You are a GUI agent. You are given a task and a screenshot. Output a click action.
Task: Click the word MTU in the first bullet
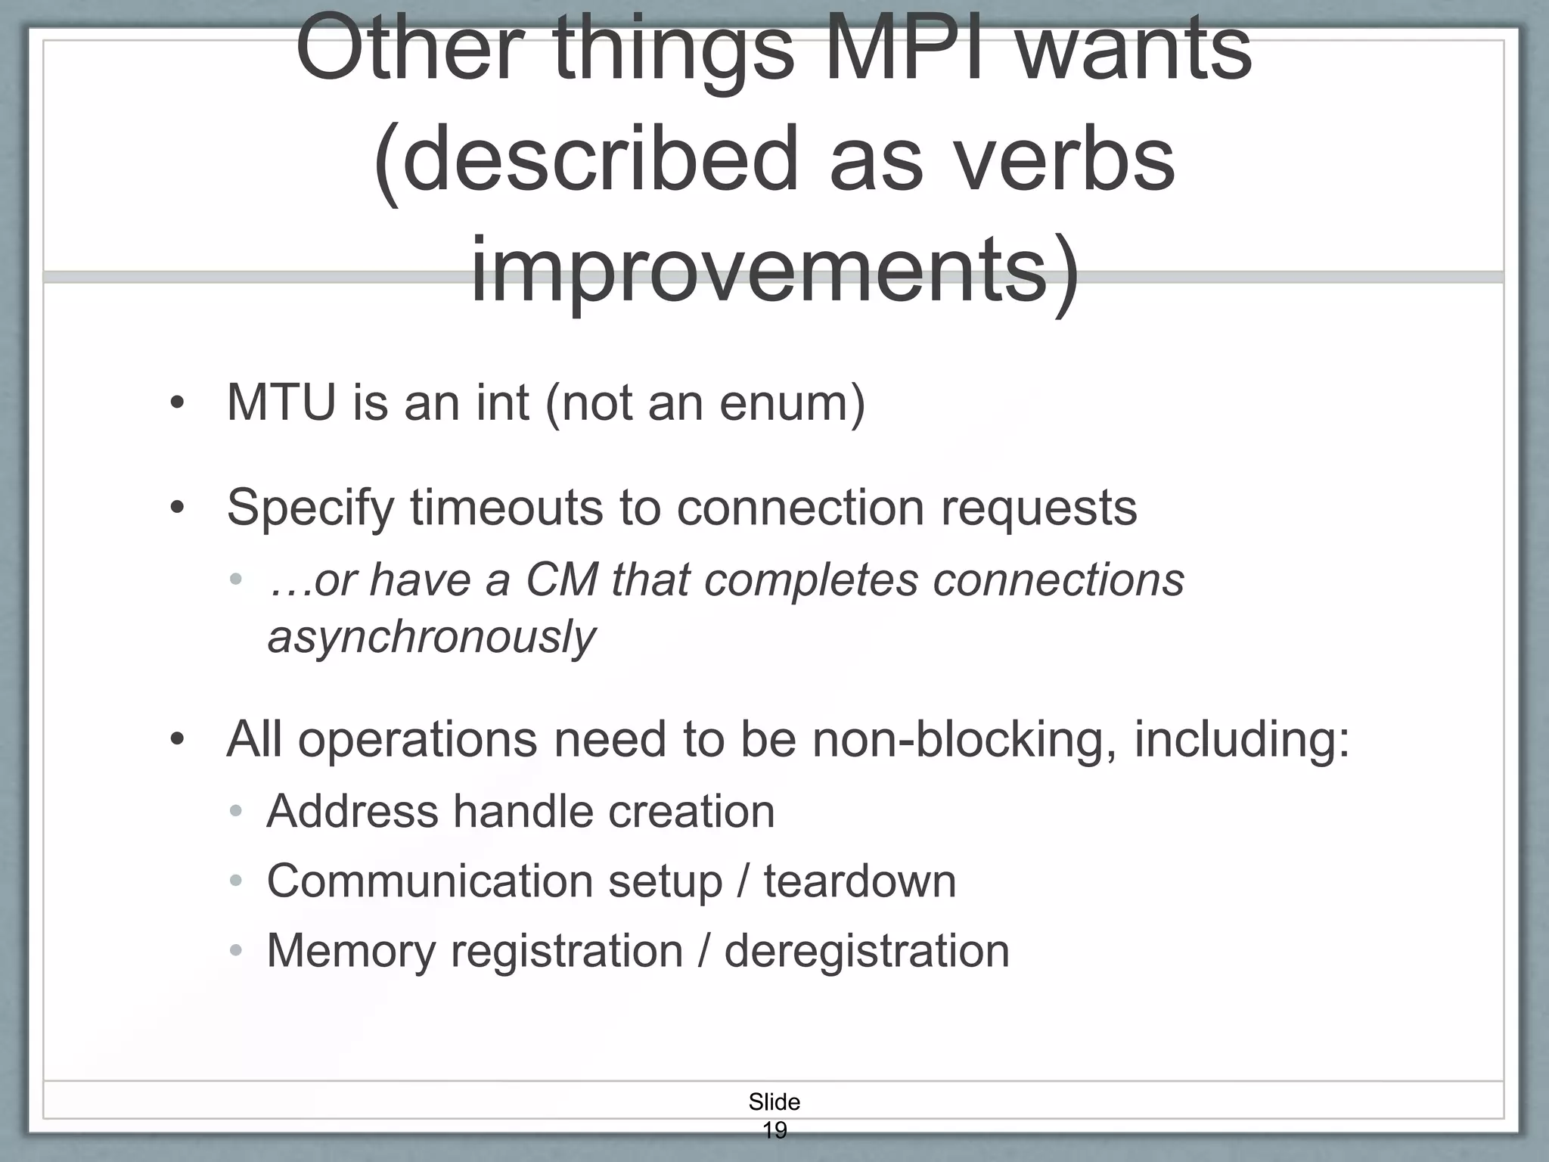tap(281, 402)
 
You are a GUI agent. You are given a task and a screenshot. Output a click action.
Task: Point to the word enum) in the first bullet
tap(791, 402)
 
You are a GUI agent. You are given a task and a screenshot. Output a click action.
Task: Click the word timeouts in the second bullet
tap(507, 507)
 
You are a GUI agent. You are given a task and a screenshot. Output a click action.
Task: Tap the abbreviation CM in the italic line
tap(561, 580)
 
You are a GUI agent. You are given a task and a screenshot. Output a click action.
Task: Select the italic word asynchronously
tap(432, 637)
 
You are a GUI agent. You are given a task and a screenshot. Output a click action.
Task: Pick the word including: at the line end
tap(1241, 739)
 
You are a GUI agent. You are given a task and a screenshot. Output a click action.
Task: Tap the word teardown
tap(860, 881)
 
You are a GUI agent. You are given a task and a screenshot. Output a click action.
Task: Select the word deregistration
tap(867, 951)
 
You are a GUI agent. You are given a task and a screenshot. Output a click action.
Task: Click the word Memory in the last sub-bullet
tap(351, 951)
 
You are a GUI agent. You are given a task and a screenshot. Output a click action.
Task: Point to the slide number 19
tap(774, 1130)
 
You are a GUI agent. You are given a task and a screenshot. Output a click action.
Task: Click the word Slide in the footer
tap(774, 1101)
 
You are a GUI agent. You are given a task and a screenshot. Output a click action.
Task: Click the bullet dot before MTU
tap(177, 404)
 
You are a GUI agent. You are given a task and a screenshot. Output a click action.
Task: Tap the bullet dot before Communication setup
tap(236, 882)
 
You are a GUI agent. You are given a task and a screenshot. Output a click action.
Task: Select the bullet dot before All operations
tap(177, 740)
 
